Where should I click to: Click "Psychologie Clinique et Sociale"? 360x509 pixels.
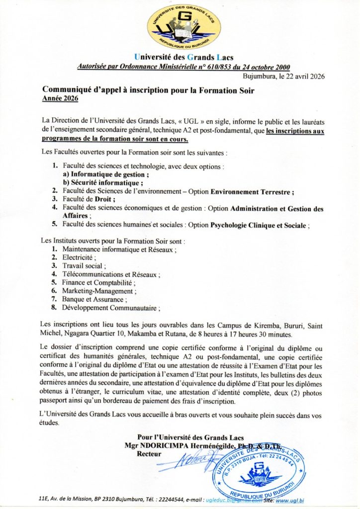258,225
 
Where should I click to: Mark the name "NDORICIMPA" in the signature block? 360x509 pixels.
164,446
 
